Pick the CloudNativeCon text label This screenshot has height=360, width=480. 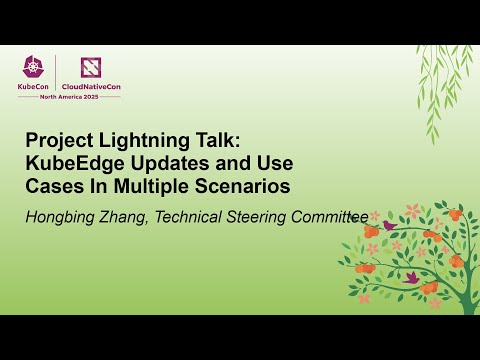tap(93, 87)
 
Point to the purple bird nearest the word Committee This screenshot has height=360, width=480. tap(389, 226)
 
